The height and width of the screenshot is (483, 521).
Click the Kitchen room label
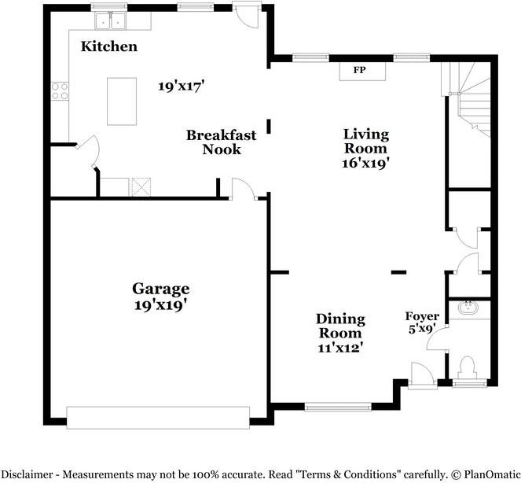pos(109,46)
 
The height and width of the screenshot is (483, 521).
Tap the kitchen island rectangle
pos(122,101)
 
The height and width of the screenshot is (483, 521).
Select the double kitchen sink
pos(110,21)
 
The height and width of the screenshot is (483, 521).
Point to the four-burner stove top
pos(60,91)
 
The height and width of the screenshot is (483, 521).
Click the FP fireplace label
pos(359,70)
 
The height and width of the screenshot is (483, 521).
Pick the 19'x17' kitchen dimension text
pos(181,87)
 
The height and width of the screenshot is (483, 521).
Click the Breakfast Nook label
pos(222,142)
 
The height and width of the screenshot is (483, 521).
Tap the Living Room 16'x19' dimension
pos(366,164)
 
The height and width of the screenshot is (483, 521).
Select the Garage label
pos(161,289)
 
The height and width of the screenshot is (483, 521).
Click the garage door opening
pos(158,418)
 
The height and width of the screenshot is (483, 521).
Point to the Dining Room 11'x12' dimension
pos(340,348)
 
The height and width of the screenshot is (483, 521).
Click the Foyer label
pos(422,316)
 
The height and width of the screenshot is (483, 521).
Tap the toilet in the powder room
pos(468,367)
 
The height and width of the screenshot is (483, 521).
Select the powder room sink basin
pos(468,308)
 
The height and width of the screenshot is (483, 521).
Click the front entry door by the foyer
pos(422,375)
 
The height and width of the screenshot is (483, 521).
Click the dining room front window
pos(338,407)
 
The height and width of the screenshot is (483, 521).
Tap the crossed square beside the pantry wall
pos(141,187)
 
